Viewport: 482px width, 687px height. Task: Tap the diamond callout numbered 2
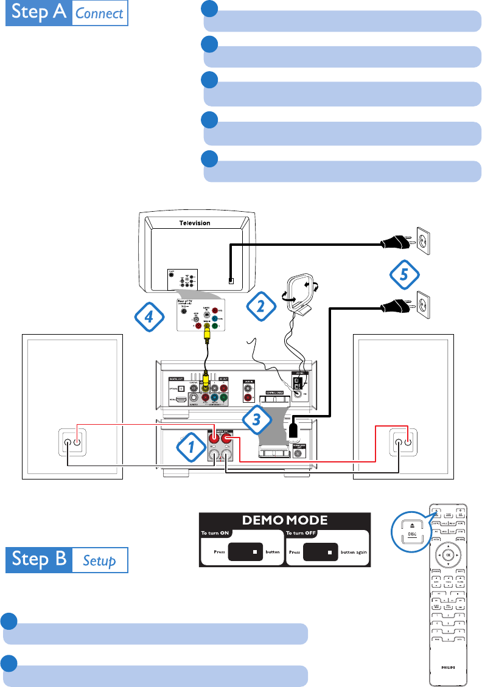(x=260, y=305)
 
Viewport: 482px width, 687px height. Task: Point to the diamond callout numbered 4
(x=149, y=316)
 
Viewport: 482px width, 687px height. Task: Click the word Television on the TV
(x=194, y=223)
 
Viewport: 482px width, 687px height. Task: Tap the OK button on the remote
(x=447, y=555)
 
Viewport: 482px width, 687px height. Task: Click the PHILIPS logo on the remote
(x=447, y=667)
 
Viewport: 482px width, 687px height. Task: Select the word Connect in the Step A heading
(x=100, y=13)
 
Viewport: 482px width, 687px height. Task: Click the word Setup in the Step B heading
(x=99, y=560)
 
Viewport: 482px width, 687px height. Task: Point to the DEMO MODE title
(x=285, y=520)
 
